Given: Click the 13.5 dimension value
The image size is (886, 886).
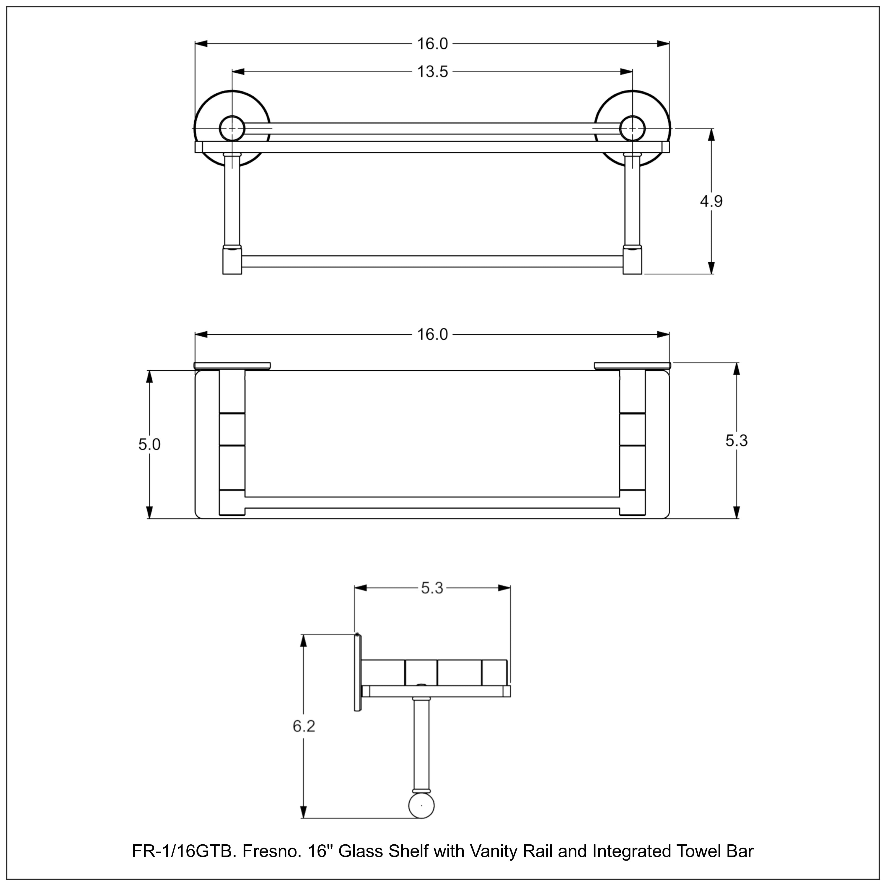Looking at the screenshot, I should pyautogui.click(x=432, y=72).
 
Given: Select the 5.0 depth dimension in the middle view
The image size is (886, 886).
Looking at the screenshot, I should pyautogui.click(x=149, y=444).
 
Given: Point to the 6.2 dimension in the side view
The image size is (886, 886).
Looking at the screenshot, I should pyautogui.click(x=304, y=727).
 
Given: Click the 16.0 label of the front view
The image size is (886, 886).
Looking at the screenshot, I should pyautogui.click(x=432, y=44).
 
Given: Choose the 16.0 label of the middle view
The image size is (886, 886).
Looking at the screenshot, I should pyautogui.click(x=432, y=335).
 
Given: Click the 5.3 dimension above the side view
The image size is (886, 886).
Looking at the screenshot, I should pyautogui.click(x=432, y=588).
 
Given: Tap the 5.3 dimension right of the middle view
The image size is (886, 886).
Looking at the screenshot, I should pyautogui.click(x=737, y=441).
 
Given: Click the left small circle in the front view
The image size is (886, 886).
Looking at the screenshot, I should pyautogui.click(x=232, y=128).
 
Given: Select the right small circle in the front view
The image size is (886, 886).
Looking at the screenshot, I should pyautogui.click(x=632, y=128).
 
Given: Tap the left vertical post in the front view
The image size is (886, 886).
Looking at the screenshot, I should pyautogui.click(x=232, y=202).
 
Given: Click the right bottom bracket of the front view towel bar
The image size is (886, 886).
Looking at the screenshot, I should pyautogui.click(x=632, y=261).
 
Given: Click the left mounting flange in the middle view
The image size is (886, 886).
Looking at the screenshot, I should pyautogui.click(x=232, y=366).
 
